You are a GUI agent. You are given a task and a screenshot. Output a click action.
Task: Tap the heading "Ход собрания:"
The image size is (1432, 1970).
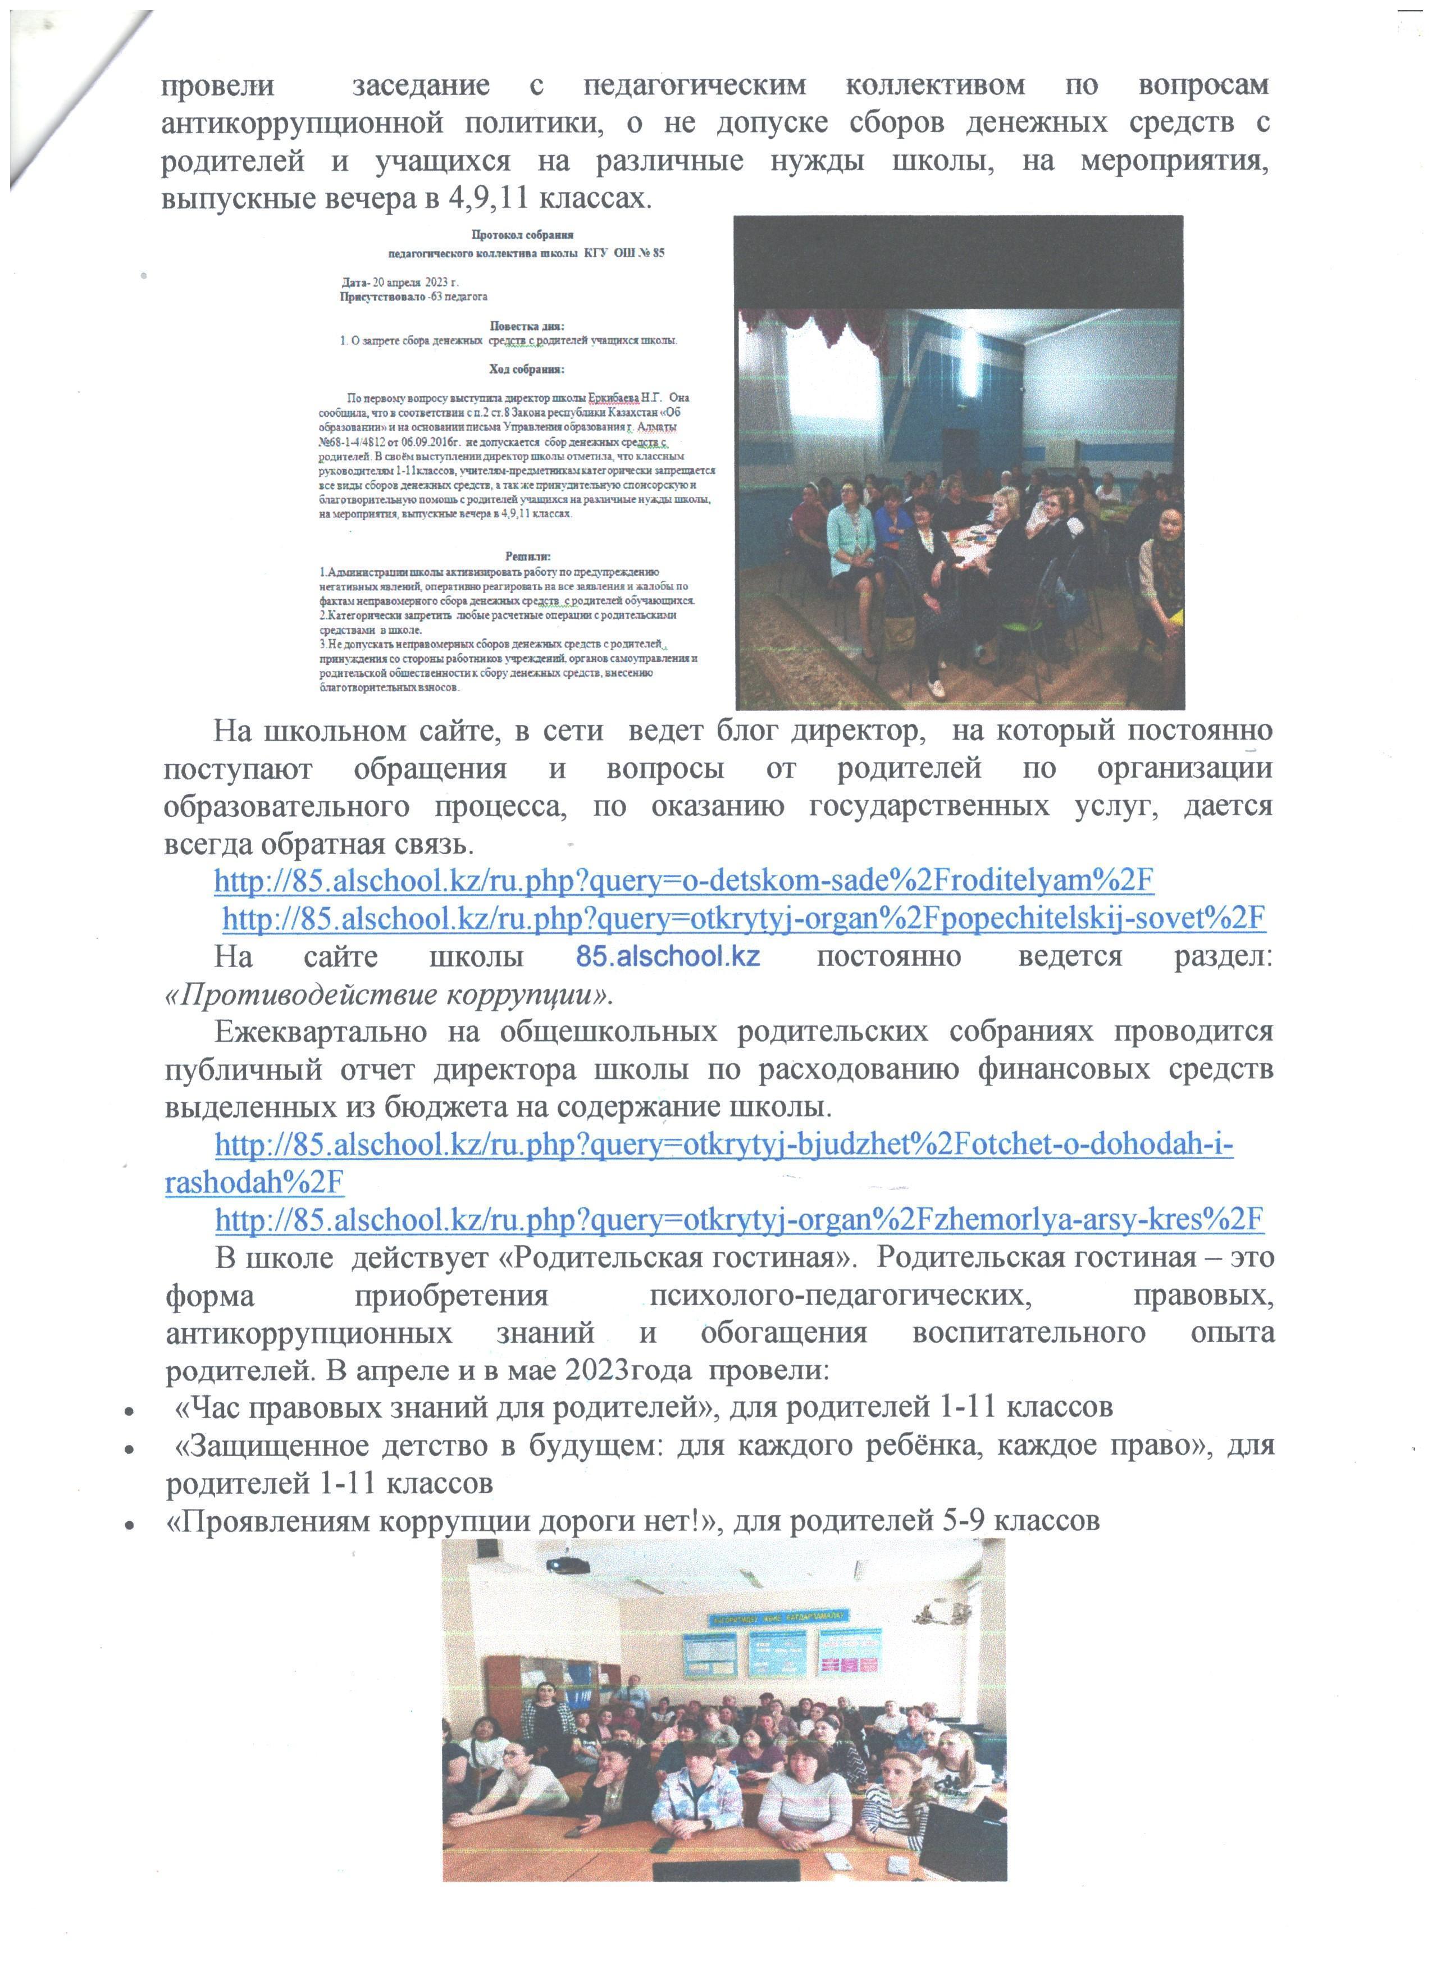(526, 369)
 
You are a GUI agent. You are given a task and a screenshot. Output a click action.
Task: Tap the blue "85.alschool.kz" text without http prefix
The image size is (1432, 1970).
(668, 956)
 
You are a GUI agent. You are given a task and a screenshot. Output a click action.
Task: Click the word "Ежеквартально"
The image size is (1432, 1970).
(321, 1032)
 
